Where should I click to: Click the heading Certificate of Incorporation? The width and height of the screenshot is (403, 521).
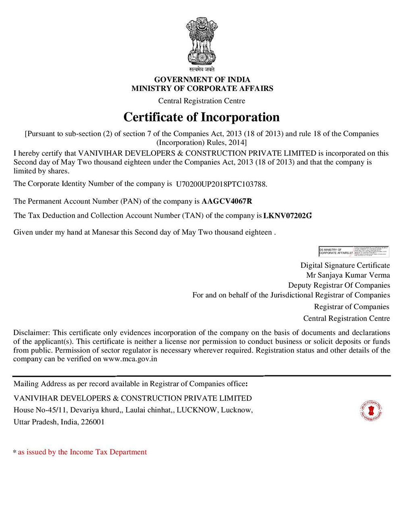(201, 117)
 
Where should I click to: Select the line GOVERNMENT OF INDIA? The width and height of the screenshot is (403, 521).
(202, 80)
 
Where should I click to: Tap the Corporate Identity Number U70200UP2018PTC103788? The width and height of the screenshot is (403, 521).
(221, 184)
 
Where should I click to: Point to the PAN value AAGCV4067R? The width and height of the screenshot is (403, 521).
(227, 201)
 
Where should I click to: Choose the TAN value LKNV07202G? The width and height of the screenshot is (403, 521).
(287, 216)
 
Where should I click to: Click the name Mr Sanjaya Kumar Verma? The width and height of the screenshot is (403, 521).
(348, 275)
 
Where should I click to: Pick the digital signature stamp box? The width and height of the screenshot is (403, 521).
(353, 251)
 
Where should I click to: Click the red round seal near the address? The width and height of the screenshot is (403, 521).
(371, 411)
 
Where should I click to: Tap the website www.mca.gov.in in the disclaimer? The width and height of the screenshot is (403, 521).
(130, 359)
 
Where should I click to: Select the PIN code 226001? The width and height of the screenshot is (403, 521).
(93, 422)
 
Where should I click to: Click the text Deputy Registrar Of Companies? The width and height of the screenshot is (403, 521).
(339, 285)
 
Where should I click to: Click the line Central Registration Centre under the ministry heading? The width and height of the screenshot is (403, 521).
(201, 101)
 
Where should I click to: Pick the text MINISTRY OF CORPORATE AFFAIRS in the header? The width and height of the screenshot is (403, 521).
(202, 89)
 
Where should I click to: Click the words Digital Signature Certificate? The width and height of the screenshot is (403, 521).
(345, 266)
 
